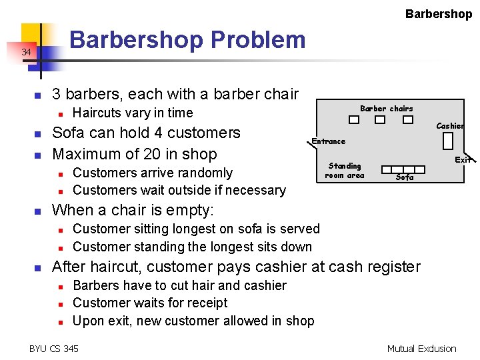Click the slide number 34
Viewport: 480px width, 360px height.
pyautogui.click(x=25, y=52)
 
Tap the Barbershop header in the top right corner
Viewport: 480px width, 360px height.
pyautogui.click(x=438, y=13)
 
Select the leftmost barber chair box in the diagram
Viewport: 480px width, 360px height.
pyautogui.click(x=354, y=121)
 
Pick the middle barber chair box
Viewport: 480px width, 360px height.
pyautogui.click(x=379, y=121)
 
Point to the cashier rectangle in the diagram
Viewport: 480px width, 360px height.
pyautogui.click(x=447, y=141)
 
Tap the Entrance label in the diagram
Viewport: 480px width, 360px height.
pyautogui.click(x=329, y=141)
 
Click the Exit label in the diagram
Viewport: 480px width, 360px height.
pyautogui.click(x=463, y=159)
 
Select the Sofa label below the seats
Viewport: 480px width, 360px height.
pyautogui.click(x=405, y=177)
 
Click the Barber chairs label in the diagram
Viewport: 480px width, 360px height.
pyautogui.click(x=386, y=109)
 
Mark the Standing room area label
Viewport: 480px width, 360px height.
pyautogui.click(x=345, y=171)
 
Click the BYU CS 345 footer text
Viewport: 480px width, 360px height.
pyautogui.click(x=54, y=348)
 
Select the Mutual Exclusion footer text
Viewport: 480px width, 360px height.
pyautogui.click(x=421, y=348)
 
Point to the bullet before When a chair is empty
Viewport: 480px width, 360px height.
pyautogui.click(x=39, y=211)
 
